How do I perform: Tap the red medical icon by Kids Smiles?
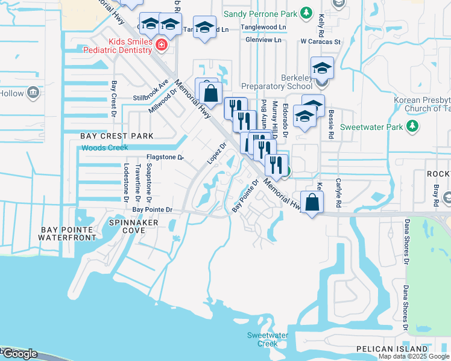[x=161, y=44]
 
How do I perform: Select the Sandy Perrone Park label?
[x=261, y=13]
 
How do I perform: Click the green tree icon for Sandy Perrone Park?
[x=306, y=13]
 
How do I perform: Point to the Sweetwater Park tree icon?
[x=412, y=126]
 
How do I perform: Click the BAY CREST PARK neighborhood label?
[x=117, y=136]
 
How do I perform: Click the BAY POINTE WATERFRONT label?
[x=67, y=233]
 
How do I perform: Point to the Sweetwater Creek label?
[x=263, y=339]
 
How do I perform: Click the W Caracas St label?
[x=321, y=42]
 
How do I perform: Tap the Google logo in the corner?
[x=19, y=354]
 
